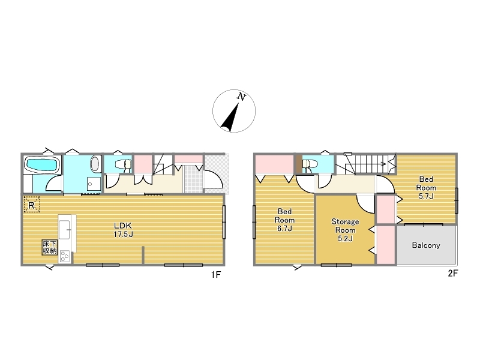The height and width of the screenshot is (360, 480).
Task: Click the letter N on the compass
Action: point(242,97)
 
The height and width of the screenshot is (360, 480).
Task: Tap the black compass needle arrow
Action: point(230,118)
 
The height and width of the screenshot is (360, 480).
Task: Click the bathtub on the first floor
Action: point(42,164)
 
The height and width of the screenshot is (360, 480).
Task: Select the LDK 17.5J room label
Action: point(123,230)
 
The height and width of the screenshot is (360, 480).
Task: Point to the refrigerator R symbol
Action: point(32,205)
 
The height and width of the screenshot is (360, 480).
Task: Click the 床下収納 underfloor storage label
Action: point(50,247)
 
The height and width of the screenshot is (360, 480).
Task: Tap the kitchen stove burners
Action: point(65,256)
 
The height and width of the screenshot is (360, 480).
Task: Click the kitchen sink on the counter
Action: point(65,229)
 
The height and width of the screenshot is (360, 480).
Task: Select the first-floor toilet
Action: point(124,164)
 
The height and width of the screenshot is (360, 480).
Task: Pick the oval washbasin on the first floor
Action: point(95,163)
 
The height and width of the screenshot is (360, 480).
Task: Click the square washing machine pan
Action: point(94,184)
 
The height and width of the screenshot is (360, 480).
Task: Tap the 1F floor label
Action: point(216,275)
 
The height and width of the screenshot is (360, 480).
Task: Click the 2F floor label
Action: point(453,273)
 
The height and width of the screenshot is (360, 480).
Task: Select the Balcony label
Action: point(426,245)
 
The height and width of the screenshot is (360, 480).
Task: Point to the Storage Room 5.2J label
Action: point(345,230)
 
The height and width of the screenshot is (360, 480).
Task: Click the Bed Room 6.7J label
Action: point(284,220)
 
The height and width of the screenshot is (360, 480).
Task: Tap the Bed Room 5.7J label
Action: point(426,188)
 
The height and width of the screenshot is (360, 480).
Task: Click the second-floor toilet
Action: point(310,164)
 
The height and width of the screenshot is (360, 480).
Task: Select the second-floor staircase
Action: point(366,164)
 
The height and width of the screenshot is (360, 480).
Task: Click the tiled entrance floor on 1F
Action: point(193,179)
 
